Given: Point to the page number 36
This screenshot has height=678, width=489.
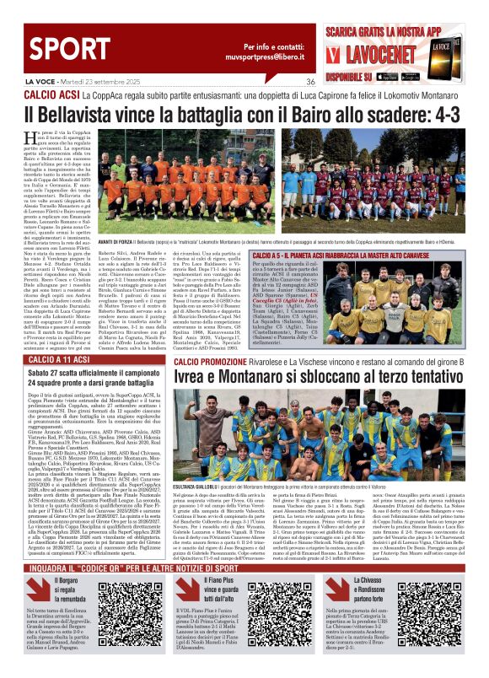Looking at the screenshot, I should point(310,82).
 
